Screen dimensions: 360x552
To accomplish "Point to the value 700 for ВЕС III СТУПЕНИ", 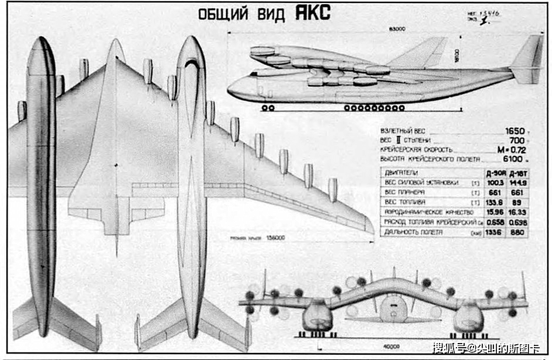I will (x=516, y=141).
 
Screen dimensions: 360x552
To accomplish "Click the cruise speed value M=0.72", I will (x=510, y=150).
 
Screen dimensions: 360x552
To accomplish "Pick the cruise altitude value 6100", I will (x=514, y=159).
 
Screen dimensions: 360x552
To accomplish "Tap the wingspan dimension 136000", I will (x=274, y=238).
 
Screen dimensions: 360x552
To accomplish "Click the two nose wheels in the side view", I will (x=268, y=108).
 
